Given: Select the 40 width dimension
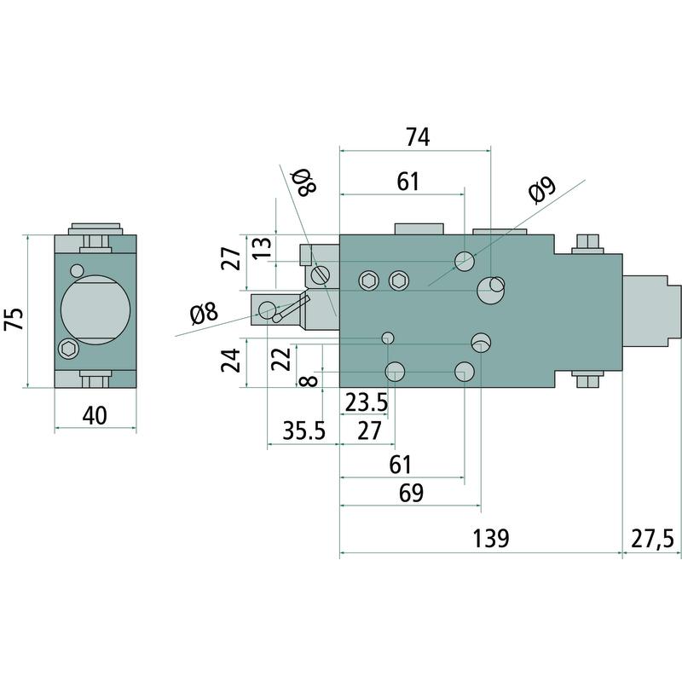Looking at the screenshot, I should (x=95, y=416).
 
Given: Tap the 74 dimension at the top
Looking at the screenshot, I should (x=417, y=136).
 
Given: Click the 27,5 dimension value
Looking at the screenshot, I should (x=652, y=539).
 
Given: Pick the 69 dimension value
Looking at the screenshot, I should (x=412, y=492).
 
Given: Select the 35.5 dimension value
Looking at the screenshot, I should (x=304, y=430).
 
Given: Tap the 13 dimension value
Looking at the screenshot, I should (x=263, y=248).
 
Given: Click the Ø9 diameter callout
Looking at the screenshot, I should (x=541, y=192).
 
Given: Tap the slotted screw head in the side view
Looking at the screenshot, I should (x=321, y=275).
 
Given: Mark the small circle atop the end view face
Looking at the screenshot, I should (x=77, y=270).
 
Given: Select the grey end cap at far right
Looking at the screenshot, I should (x=654, y=311).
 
